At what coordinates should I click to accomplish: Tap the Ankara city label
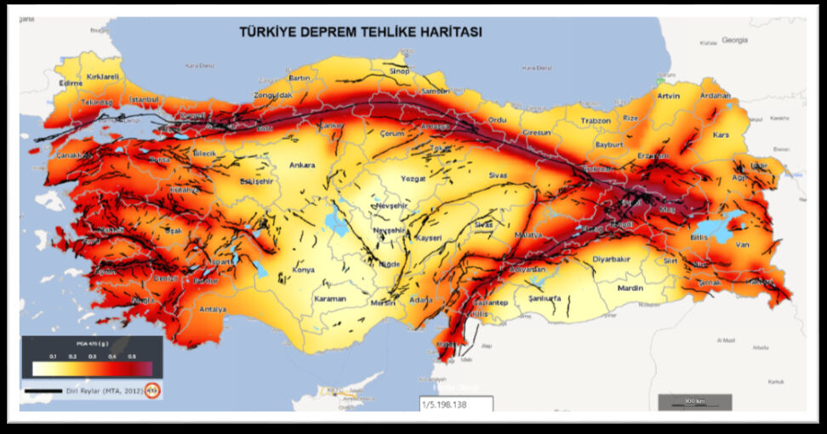click(x=302, y=165)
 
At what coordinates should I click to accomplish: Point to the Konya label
click(x=303, y=270)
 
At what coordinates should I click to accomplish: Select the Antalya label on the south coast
click(x=213, y=309)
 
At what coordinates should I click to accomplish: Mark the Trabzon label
click(x=596, y=121)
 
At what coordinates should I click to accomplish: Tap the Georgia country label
click(x=734, y=40)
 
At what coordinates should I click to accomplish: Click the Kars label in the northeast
click(x=722, y=134)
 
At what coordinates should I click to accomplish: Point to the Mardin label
click(x=630, y=288)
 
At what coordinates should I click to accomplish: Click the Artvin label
click(x=670, y=96)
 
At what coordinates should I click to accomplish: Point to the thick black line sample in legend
click(x=44, y=391)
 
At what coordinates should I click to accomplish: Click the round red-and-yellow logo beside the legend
click(x=153, y=391)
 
